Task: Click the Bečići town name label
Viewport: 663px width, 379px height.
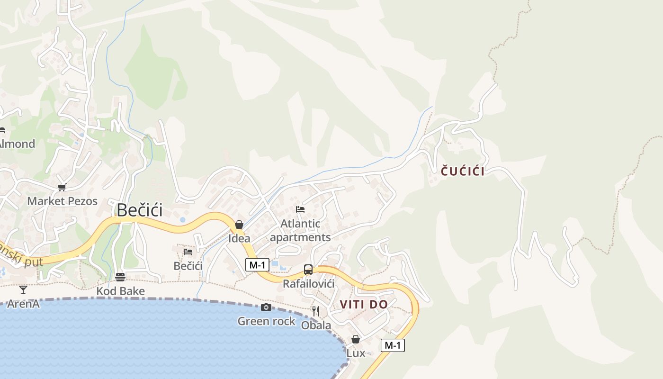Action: [x=139, y=210]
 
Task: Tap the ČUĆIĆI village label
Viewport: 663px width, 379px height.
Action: [x=463, y=171]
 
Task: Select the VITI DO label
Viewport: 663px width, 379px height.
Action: [x=364, y=305]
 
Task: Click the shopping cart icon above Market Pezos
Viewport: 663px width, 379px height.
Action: [x=62, y=188]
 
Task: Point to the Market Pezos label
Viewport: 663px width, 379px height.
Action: [x=62, y=201]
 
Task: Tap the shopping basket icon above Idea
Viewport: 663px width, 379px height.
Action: [x=239, y=225]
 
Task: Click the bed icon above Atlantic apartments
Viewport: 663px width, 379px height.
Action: [x=300, y=209]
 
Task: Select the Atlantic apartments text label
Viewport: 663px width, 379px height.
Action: [x=300, y=230]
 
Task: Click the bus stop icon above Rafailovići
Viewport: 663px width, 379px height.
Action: [x=308, y=270]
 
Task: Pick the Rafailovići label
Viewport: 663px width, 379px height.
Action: [x=308, y=284]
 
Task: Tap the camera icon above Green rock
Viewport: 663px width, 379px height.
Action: [x=266, y=307]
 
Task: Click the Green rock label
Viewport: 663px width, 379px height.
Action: [x=266, y=321]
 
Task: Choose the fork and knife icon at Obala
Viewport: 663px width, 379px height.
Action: [x=316, y=311]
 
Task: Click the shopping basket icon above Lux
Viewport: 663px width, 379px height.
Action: [x=356, y=339]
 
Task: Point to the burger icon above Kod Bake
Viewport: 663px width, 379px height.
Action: [x=120, y=277]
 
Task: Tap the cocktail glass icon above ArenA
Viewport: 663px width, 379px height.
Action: [x=23, y=289]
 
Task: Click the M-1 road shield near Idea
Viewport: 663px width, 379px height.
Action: [x=257, y=265]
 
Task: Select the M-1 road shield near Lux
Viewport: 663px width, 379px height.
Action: [x=393, y=345]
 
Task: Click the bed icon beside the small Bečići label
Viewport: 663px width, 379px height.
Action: [x=188, y=252]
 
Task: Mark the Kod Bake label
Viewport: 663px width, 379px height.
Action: [x=120, y=291]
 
